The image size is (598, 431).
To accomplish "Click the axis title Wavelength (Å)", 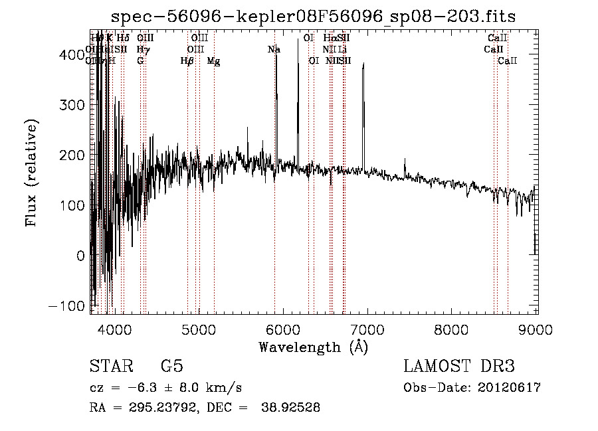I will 313,347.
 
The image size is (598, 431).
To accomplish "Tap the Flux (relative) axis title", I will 32,172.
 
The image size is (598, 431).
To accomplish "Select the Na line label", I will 274,49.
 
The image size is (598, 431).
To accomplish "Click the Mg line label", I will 214,61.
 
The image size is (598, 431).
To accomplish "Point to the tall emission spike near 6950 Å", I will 363,66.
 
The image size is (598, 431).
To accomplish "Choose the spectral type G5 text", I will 171,367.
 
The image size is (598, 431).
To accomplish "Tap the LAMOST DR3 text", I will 459,367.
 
